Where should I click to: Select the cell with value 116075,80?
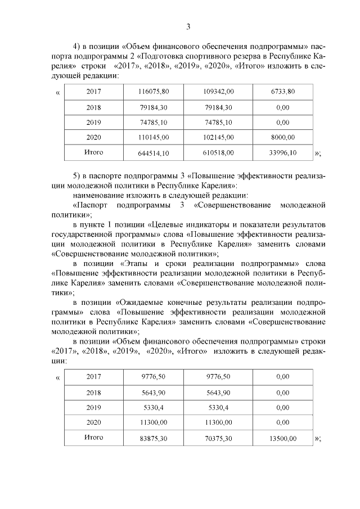point(154,91)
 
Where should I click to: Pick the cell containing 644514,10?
point(154,153)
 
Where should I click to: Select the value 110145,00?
point(154,137)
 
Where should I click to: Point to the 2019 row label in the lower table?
point(94,407)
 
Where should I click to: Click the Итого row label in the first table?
point(93,152)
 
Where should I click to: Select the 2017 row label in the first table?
point(94,91)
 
